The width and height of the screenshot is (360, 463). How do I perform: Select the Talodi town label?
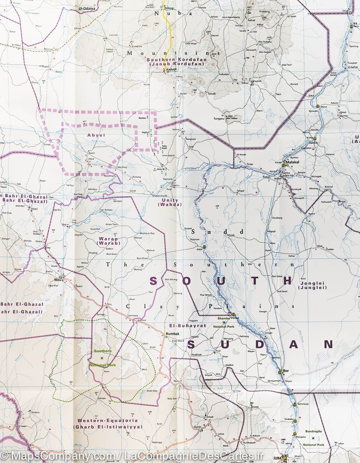click(x=212, y=93)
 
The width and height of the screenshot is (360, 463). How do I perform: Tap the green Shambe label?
click(x=223, y=318)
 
